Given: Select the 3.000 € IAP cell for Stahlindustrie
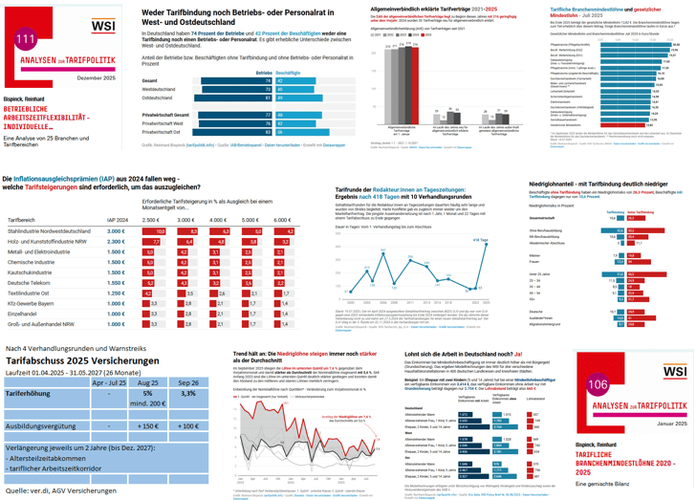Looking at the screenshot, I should point(116,231).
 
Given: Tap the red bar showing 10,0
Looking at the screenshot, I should point(159,231).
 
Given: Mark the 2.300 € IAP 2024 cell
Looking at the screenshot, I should point(116,242).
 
